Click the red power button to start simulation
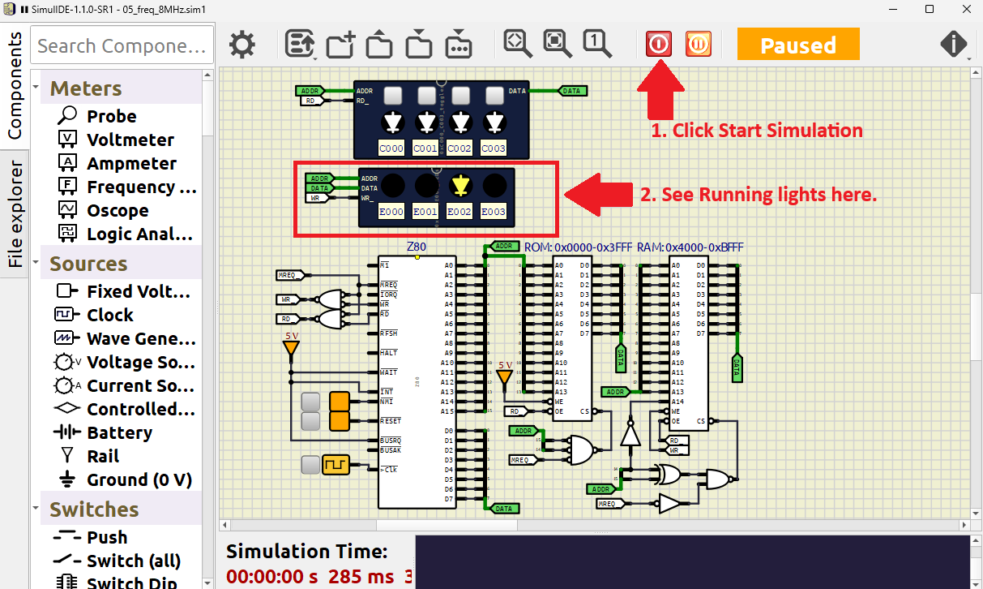tap(659, 44)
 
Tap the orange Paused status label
tap(797, 45)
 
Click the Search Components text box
tap(122, 45)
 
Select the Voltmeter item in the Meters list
tap(130, 140)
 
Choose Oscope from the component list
tap(118, 210)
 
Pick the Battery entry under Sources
tap(119, 432)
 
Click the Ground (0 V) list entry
tap(139, 479)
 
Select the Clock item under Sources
tap(109, 315)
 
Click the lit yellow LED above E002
tap(460, 186)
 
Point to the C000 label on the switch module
tap(391, 148)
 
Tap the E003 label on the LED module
tap(493, 212)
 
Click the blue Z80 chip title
tap(416, 247)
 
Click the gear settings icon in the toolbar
tap(241, 45)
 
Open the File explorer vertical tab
tap(15, 214)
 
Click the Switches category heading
tap(93, 509)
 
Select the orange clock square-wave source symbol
tap(335, 465)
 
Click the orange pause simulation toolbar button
tap(698, 44)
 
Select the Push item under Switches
tap(107, 537)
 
